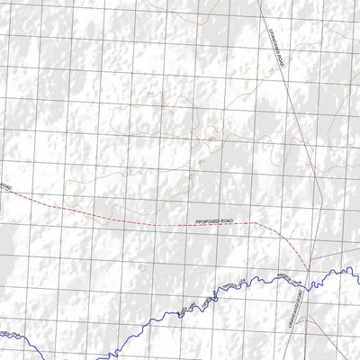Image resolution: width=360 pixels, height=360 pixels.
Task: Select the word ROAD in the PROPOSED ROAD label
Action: coord(230,220)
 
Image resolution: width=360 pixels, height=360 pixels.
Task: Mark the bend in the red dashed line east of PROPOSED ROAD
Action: coord(256,222)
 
